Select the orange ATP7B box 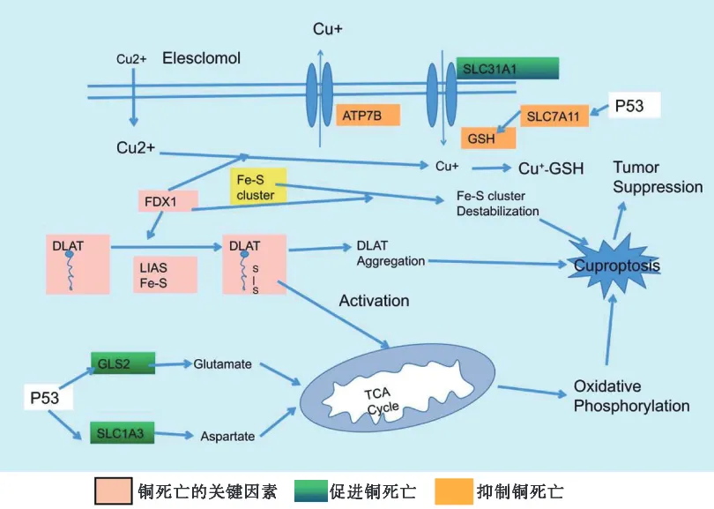pyautogui.click(x=368, y=115)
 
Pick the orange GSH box pyautogui.click(x=481, y=138)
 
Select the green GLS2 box pyautogui.click(x=123, y=362)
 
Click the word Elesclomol pyautogui.click(x=202, y=58)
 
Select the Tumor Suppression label pyautogui.click(x=658, y=176)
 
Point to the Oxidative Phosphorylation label pyautogui.click(x=631, y=396)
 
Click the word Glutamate pyautogui.click(x=223, y=363)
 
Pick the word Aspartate pyautogui.click(x=227, y=436)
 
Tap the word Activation pyautogui.click(x=374, y=301)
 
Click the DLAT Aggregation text pyautogui.click(x=390, y=253)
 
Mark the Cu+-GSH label pyautogui.click(x=550, y=168)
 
